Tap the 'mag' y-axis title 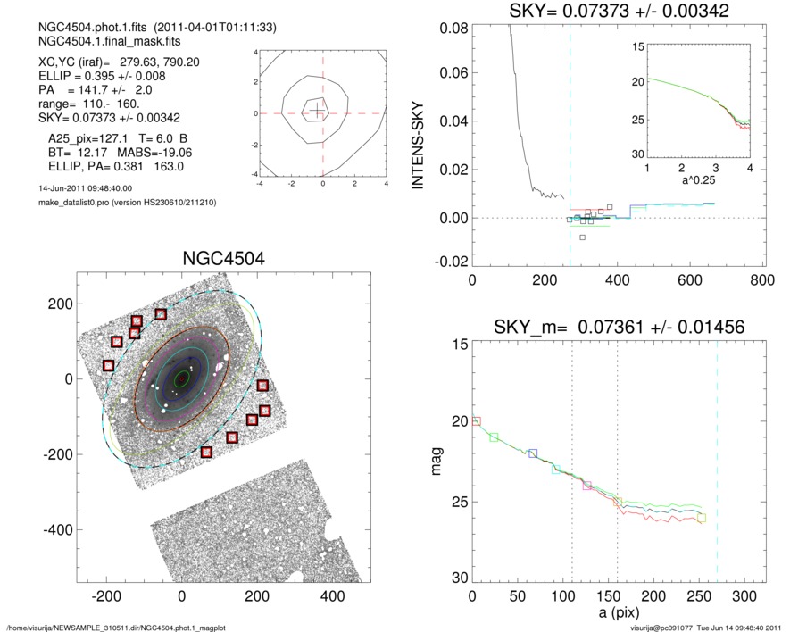(x=437, y=462)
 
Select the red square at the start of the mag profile (x=476, y=421)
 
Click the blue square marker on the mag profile (x=533, y=453)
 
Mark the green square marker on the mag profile (x=494, y=437)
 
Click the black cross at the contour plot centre (x=317, y=111)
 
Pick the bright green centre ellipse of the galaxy (x=182, y=378)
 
